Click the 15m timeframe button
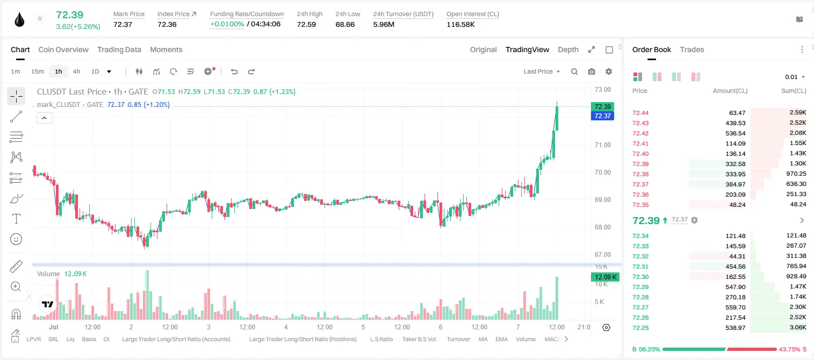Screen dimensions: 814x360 coord(38,71)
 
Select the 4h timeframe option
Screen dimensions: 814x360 coord(76,71)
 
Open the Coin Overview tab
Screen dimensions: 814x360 coord(63,49)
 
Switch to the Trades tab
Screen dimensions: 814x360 coord(692,49)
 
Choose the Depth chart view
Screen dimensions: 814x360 coord(568,49)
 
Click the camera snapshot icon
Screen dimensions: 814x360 coord(592,71)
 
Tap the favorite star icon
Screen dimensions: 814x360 coord(40,18)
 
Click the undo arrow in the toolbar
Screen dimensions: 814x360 coord(234,71)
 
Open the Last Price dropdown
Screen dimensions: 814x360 coord(542,71)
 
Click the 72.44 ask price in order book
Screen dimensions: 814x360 coord(640,113)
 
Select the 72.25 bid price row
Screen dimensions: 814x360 coord(640,328)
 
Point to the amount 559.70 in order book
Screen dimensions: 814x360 coord(735,307)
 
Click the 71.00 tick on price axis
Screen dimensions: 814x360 coord(602,145)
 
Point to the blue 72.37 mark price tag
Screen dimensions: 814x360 coord(602,116)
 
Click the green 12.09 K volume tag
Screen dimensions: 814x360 coord(606,277)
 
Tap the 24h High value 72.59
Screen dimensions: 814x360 coord(306,24)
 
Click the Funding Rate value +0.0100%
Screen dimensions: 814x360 coord(227,24)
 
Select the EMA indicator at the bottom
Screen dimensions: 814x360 coord(501,339)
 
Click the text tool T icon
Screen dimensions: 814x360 coord(16,219)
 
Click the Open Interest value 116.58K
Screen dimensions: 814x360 coord(460,24)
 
